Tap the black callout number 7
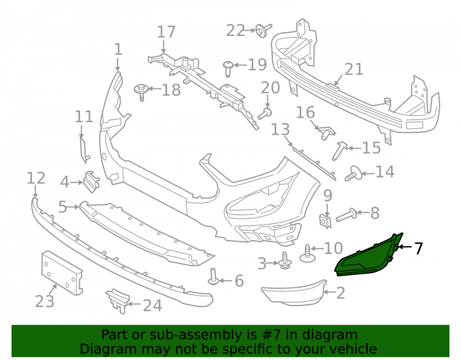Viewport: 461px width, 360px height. (419, 248)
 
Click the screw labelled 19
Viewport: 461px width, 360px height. (228, 69)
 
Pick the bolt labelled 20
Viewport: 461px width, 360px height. (265, 113)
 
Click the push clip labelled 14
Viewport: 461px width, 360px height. (353, 173)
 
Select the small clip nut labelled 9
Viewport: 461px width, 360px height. (325, 221)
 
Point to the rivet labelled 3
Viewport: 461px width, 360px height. (284, 261)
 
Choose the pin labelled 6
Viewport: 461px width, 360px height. (213, 277)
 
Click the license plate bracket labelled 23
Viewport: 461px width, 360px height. (61, 273)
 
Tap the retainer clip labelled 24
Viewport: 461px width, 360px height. (118, 301)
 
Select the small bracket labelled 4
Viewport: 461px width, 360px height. (91, 182)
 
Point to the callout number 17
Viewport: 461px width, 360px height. (166, 32)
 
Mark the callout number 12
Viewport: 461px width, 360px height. (36, 178)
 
